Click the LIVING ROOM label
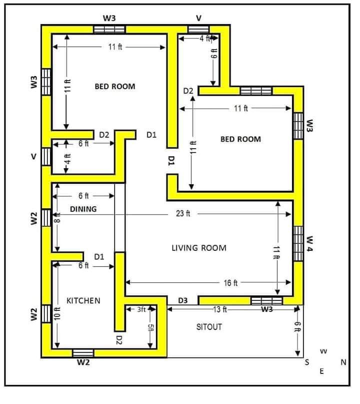199,248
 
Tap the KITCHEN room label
83,301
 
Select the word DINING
83,209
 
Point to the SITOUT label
209,327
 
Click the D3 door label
183,300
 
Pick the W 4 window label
309,243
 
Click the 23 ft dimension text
183,214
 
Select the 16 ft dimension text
230,283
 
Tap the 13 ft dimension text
220,309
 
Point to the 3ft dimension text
141,309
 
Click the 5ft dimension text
150,328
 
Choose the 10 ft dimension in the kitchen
57,313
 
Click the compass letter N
343,362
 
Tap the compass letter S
306,362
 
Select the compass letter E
321,371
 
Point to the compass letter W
323,351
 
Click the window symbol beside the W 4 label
298,243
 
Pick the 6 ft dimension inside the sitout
297,327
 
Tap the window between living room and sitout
266,301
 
